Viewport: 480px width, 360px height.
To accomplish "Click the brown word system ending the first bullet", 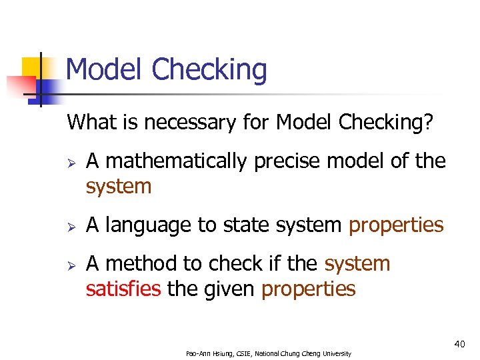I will [x=119, y=186].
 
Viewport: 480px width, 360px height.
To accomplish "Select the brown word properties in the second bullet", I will [x=396, y=225].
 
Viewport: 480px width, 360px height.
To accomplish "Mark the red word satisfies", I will [x=124, y=289].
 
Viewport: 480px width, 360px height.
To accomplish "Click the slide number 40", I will [x=459, y=343].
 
